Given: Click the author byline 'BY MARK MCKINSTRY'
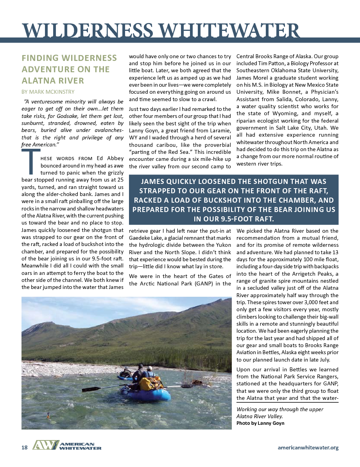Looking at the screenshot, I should coord(48,92).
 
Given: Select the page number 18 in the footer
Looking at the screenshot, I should coord(25,447).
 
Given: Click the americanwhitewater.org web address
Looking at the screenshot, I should coord(308,447).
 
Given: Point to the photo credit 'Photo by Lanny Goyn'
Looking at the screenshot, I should coord(260,423).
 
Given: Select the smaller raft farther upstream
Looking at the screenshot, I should coord(125,377).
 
